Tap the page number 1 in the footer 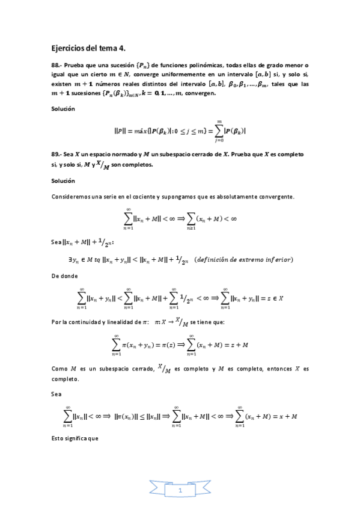coord(180,491)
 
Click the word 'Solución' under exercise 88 coord(63,109)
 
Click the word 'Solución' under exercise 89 coord(63,180)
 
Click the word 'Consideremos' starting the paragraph coord(71,197)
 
